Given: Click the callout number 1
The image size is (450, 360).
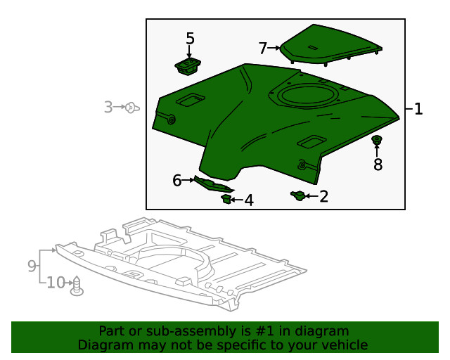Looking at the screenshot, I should tap(418, 109).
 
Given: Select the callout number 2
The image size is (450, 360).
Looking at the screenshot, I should tap(323, 196).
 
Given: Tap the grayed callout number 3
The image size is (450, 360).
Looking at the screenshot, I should tap(108, 108).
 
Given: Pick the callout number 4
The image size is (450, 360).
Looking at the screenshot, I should tap(248, 201).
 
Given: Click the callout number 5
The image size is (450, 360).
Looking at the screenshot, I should tap(190, 38).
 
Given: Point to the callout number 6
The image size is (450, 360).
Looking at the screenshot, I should tap(177, 181).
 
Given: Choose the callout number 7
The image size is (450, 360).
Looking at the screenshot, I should tap(263, 49).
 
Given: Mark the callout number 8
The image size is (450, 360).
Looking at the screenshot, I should tap(378, 165).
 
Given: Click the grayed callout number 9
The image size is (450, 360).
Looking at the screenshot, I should tap(32, 266).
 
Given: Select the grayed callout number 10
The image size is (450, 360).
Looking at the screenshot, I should tap(56, 283).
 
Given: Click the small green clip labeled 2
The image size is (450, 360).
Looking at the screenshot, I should tap(297, 195).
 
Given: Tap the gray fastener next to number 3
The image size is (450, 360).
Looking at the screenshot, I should tap(131, 108).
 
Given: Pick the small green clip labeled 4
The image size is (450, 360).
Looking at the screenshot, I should tap(226, 200).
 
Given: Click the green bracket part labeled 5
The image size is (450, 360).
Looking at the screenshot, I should tap(188, 67).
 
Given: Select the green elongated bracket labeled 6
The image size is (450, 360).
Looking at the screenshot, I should tap(212, 184).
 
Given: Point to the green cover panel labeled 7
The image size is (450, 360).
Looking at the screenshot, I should tap(330, 44).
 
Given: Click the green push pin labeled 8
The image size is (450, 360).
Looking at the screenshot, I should tap(377, 140).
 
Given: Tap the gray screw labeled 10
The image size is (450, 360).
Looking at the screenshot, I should tap(77, 285).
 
